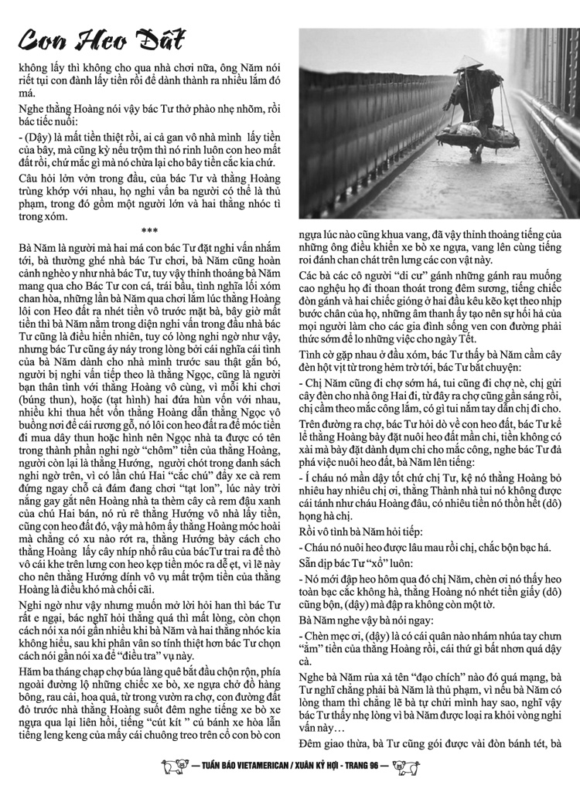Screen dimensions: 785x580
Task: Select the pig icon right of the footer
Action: [x=403, y=766]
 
